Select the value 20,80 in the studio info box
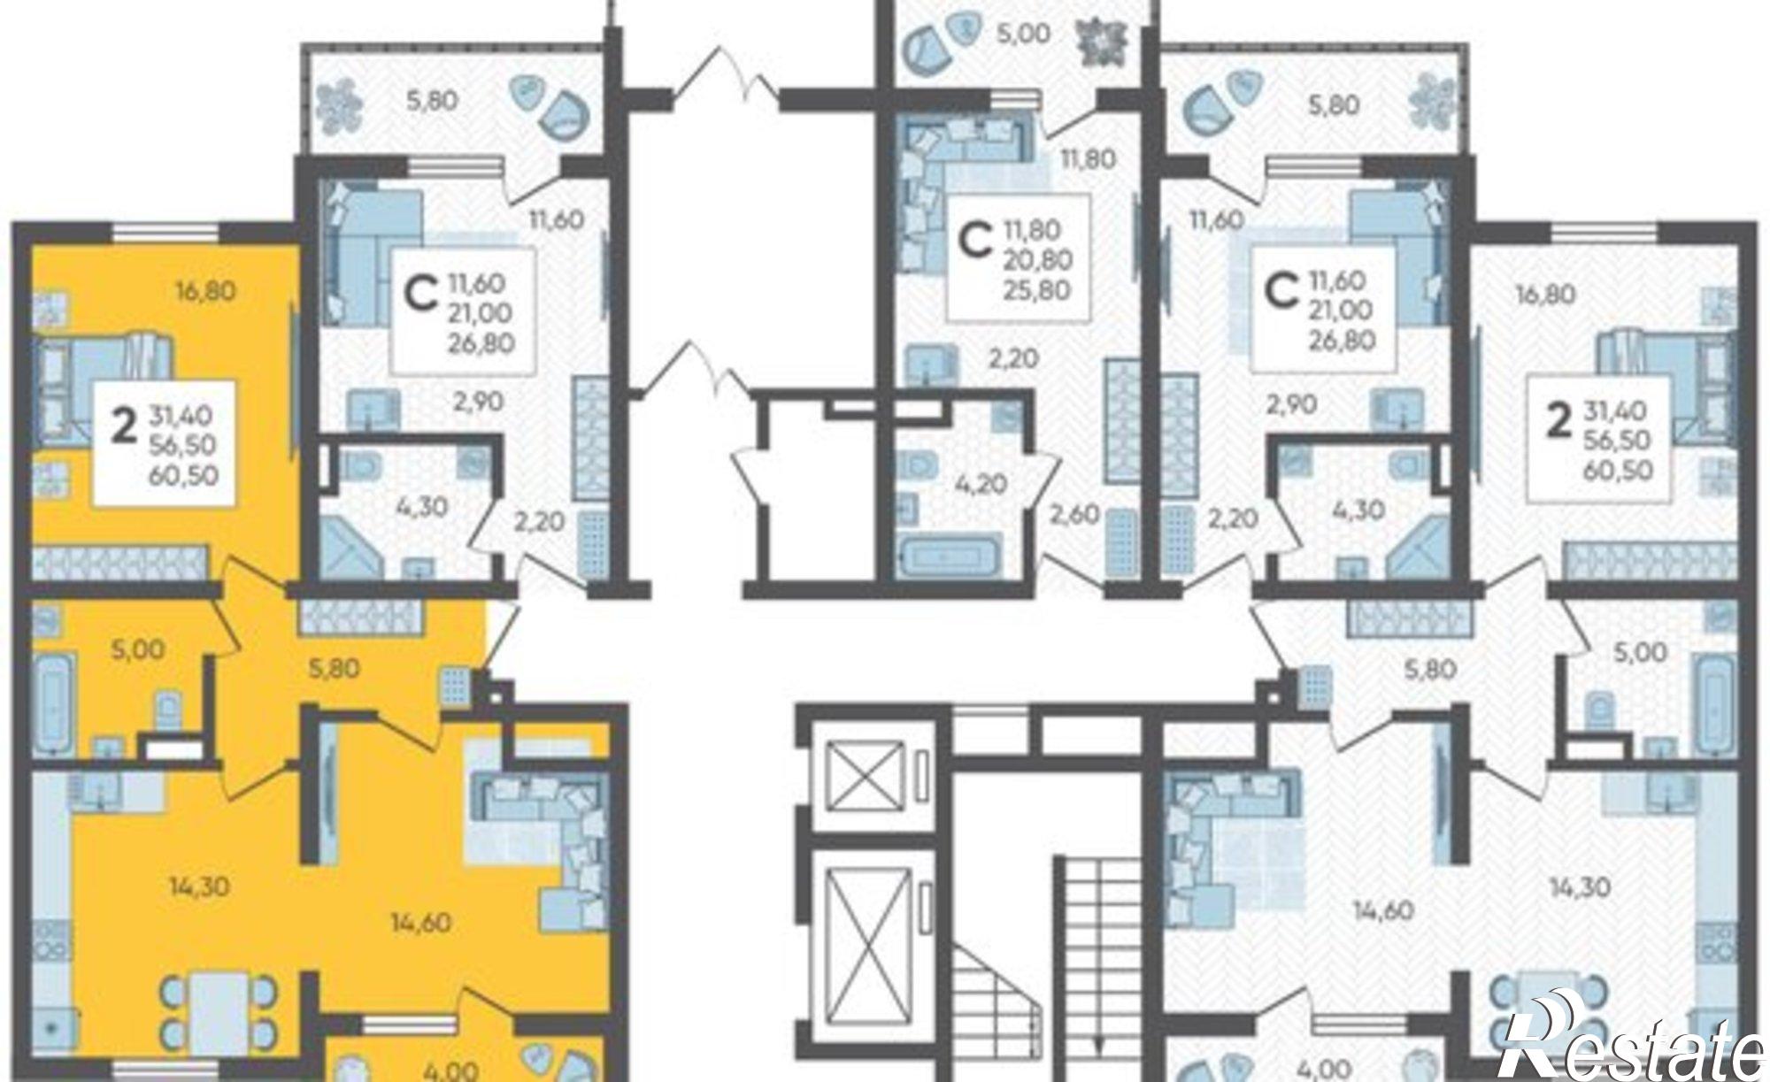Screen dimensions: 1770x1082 click(x=1037, y=259)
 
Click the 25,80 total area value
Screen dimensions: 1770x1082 click(x=1037, y=289)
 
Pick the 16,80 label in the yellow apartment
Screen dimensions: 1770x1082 click(x=206, y=289)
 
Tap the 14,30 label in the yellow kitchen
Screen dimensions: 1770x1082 click(x=199, y=886)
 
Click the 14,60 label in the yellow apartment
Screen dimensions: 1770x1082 click(x=421, y=923)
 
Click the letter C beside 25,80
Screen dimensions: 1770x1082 click(x=976, y=241)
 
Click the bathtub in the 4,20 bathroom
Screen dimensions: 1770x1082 click(x=947, y=557)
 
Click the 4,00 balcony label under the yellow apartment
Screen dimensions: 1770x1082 click(x=452, y=1070)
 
